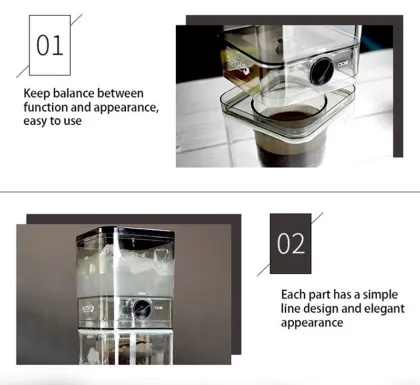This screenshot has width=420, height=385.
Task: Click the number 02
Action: [291, 244]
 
